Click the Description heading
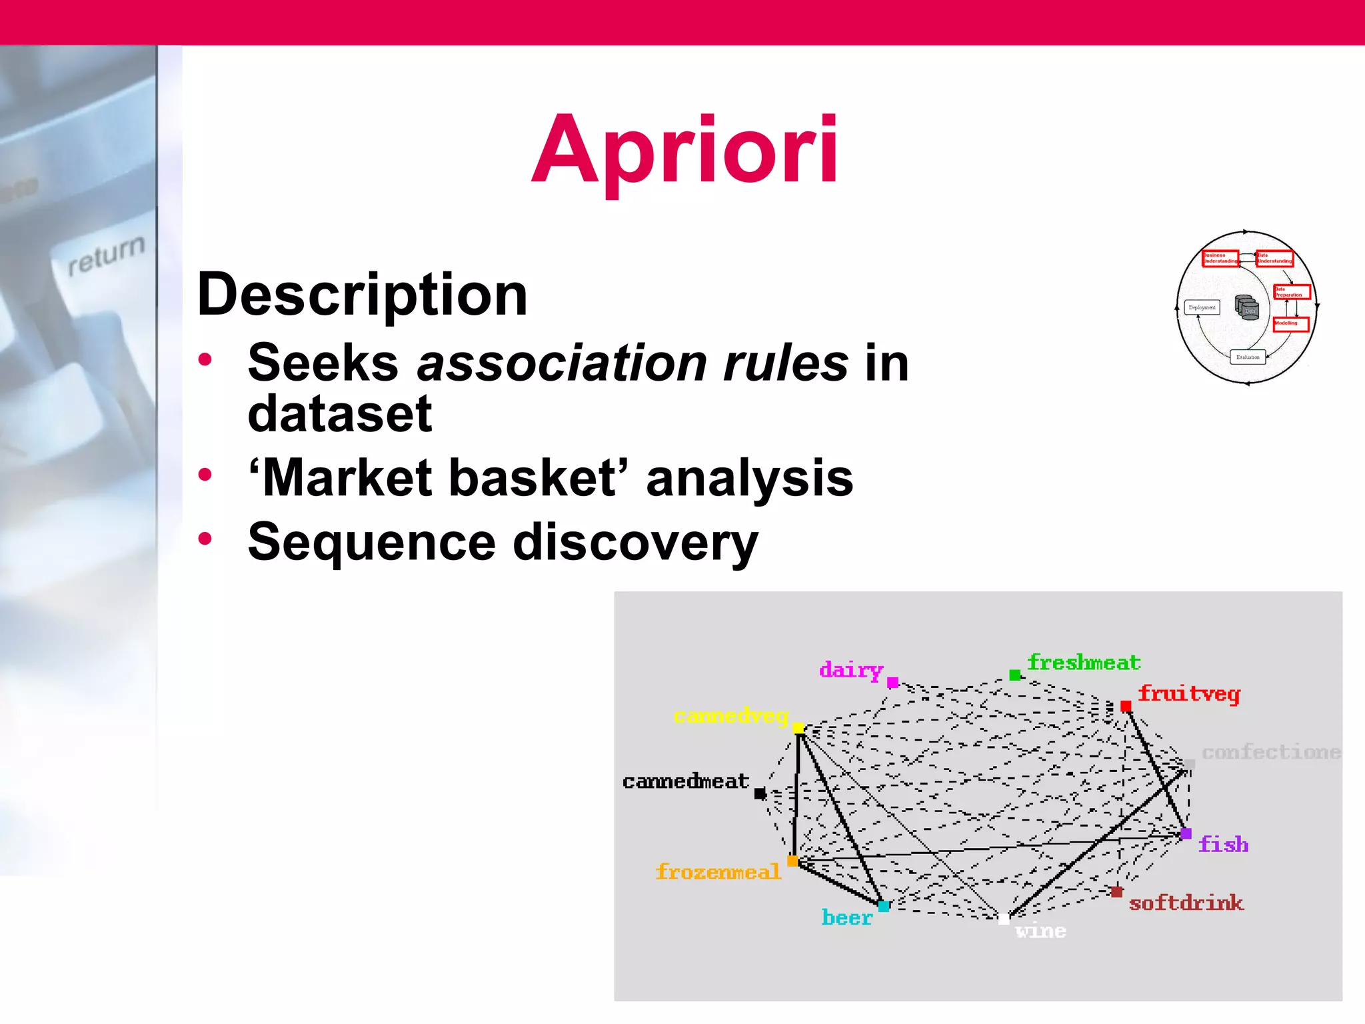(x=362, y=295)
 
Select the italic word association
(x=561, y=363)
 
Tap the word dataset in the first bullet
(x=339, y=413)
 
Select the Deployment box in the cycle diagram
(x=1202, y=307)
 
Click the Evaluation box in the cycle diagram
(x=1248, y=357)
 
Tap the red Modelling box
(x=1291, y=323)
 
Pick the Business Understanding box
(x=1220, y=258)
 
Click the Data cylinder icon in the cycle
(x=1247, y=307)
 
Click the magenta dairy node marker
(x=893, y=682)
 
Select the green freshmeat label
(x=1084, y=663)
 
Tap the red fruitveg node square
(x=1126, y=706)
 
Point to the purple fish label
(x=1223, y=845)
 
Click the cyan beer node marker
(x=884, y=906)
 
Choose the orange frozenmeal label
(x=718, y=872)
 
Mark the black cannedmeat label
(x=685, y=781)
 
